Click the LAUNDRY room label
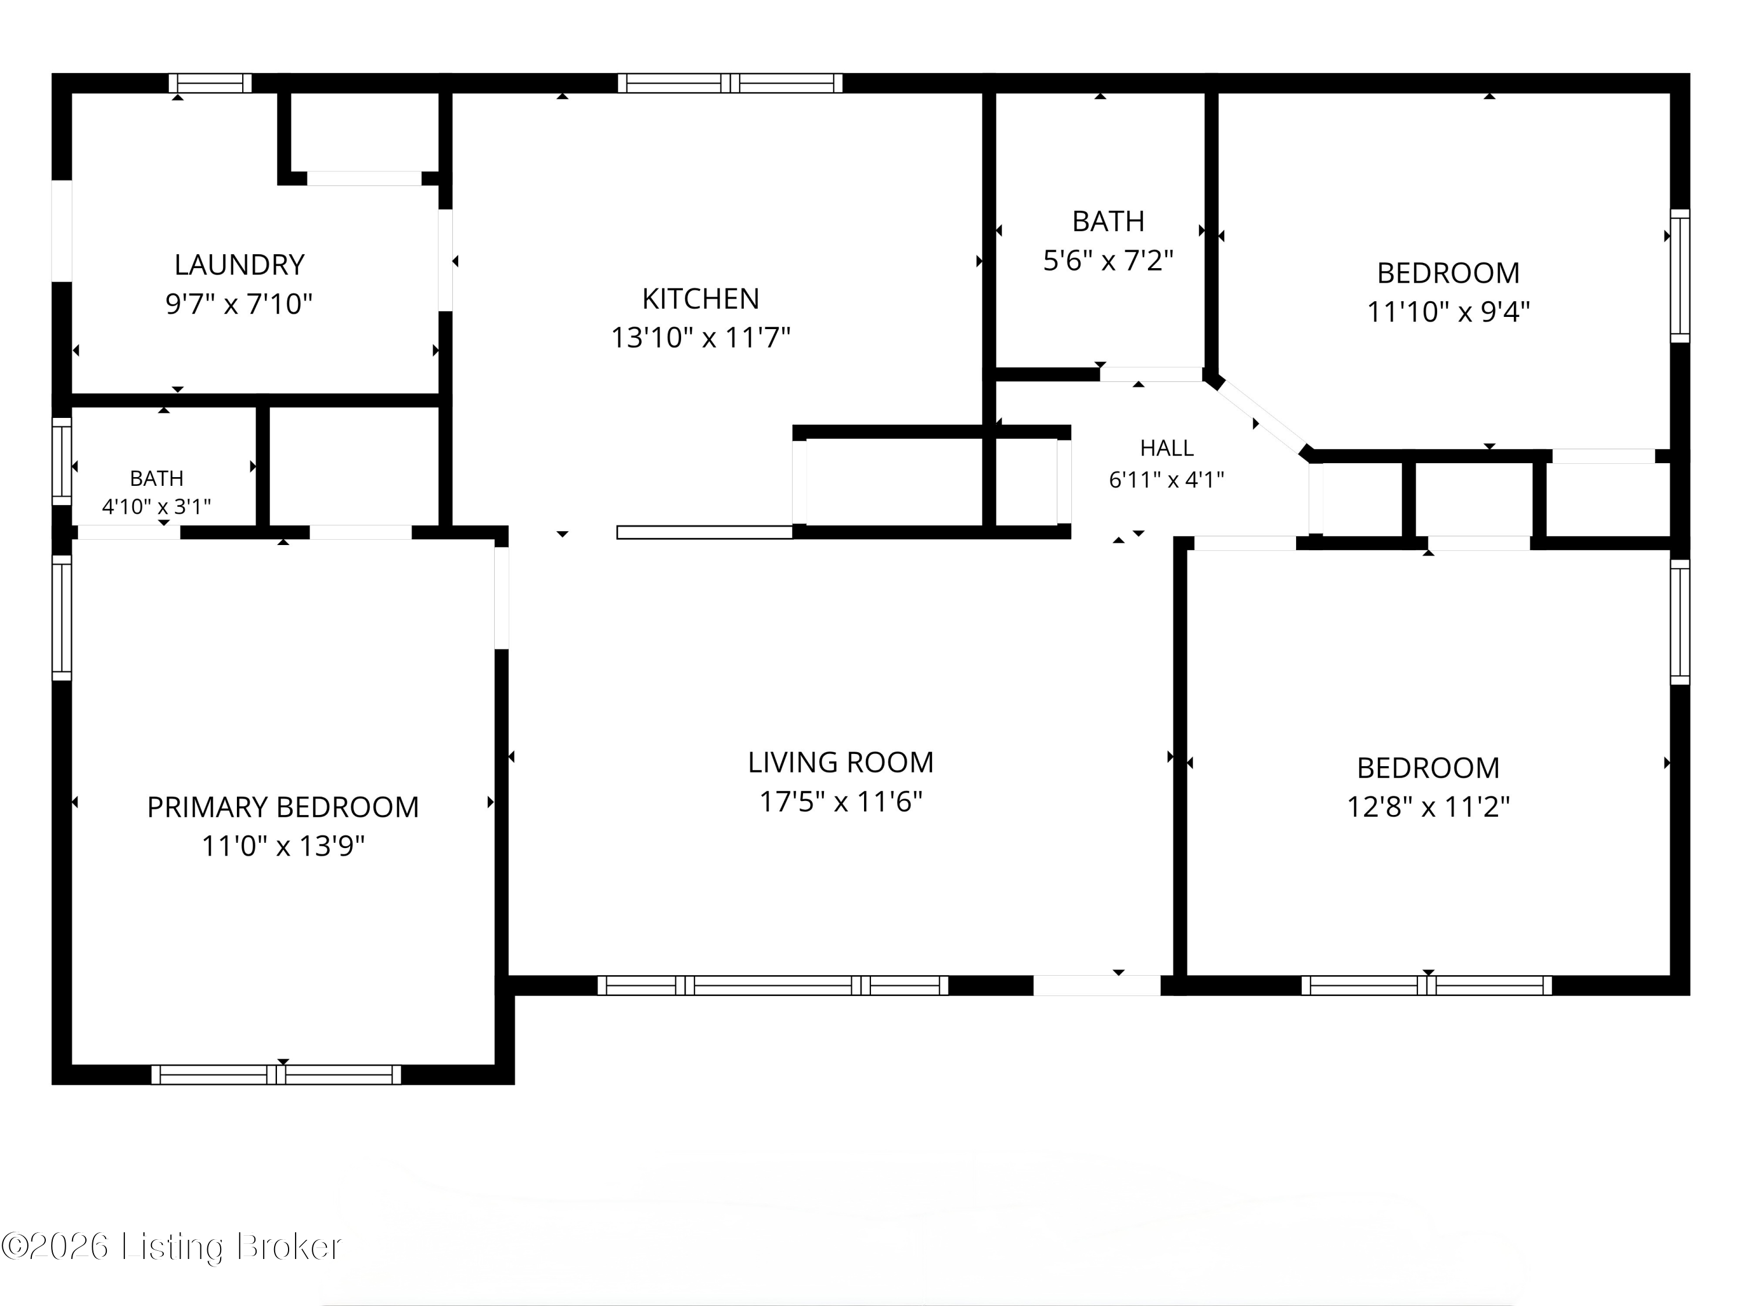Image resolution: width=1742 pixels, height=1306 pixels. point(239,265)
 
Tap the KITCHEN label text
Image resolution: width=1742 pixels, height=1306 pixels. point(701,299)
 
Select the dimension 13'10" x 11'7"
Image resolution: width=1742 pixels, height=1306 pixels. point(701,338)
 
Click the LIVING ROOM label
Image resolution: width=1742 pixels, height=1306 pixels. point(841,763)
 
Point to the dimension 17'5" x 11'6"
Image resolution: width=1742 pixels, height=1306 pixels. point(841,802)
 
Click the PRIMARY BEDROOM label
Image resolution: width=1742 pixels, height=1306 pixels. point(283,808)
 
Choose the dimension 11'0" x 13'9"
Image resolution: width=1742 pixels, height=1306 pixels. point(283,846)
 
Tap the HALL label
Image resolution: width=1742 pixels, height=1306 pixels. point(1167,449)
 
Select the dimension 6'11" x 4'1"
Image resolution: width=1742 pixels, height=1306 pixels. point(1167,480)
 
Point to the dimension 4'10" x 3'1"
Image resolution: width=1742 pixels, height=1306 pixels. point(157,507)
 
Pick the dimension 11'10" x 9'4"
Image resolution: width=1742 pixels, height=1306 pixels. point(1449,312)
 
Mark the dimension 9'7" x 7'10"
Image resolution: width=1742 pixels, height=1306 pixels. point(239,304)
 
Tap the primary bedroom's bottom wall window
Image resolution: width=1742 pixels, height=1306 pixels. point(276,1074)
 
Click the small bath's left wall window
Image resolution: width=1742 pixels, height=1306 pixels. point(62,461)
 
